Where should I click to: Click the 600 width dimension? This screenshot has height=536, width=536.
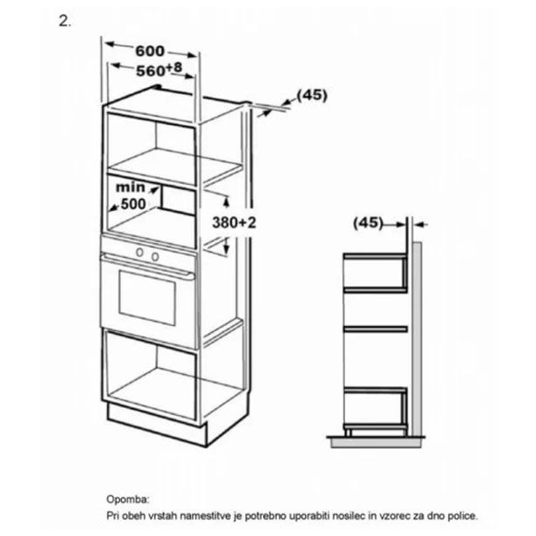(x=150, y=51)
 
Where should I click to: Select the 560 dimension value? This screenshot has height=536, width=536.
(x=151, y=71)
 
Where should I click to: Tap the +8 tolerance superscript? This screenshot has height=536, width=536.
(x=174, y=68)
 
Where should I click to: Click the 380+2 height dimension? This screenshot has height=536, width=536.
(x=234, y=222)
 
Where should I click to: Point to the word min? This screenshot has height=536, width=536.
(x=130, y=187)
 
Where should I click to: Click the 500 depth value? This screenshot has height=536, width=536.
(x=133, y=204)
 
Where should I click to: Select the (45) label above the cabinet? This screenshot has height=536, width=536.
(x=312, y=95)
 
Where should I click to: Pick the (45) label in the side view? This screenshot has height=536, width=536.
(x=368, y=223)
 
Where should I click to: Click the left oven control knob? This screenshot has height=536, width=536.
(x=139, y=253)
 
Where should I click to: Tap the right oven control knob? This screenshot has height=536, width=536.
(x=155, y=257)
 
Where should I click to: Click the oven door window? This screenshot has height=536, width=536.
(x=147, y=297)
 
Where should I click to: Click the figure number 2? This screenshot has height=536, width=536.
(x=65, y=22)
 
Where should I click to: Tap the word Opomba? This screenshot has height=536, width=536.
(x=128, y=499)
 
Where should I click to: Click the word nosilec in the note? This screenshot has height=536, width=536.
(x=346, y=515)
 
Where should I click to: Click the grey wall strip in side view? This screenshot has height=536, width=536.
(x=417, y=339)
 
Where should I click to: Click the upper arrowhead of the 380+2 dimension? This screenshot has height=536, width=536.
(x=226, y=201)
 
